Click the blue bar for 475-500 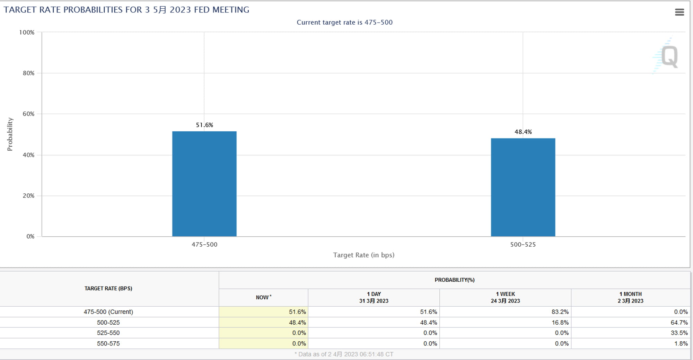tap(204, 184)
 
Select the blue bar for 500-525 tap(523, 187)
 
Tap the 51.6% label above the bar tap(204, 125)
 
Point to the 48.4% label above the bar tap(523, 132)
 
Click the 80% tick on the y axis tap(28, 73)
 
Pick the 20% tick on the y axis tap(28, 196)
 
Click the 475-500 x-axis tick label tap(204, 245)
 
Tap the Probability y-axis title tap(10, 134)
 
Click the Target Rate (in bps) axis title tap(364, 255)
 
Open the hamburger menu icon tap(679, 12)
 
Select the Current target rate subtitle tap(344, 23)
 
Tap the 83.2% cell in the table tap(560, 312)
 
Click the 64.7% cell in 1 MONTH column tap(679, 323)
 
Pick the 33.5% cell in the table tap(679, 333)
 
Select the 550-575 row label tap(108, 344)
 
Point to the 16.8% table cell tap(560, 323)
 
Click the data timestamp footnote tap(344, 354)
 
